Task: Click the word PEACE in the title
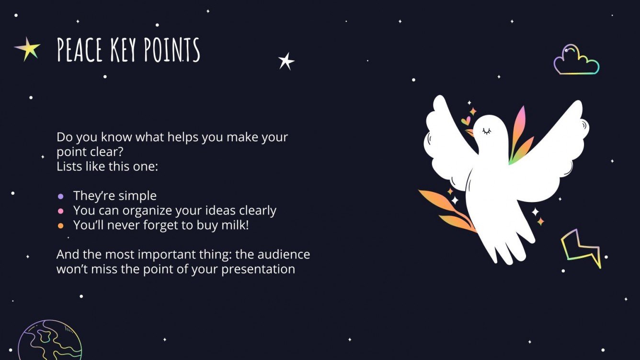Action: point(79,50)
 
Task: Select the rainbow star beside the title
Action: point(28,49)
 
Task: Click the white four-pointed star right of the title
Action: point(286,61)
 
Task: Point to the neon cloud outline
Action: point(576,60)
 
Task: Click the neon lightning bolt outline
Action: point(581,247)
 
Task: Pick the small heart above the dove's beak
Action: point(465,121)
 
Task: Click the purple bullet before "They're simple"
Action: point(60,196)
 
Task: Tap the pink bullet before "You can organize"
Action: point(60,211)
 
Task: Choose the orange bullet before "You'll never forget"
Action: point(60,225)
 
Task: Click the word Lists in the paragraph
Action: point(69,167)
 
